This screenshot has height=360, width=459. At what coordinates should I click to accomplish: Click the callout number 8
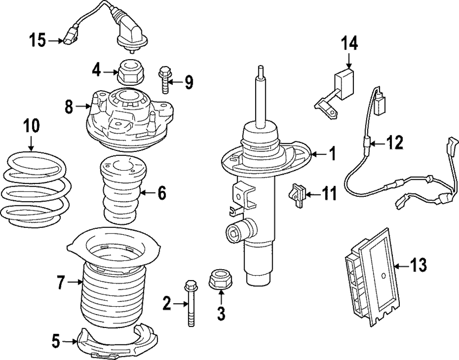point(68,107)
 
